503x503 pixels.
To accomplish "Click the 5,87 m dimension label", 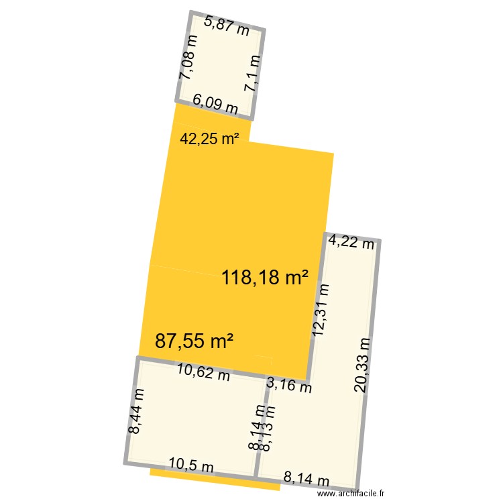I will click(x=227, y=26).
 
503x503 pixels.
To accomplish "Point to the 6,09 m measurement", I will click(x=215, y=105).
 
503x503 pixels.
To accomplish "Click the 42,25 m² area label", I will click(x=210, y=139).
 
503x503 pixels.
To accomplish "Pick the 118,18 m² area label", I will click(x=266, y=278).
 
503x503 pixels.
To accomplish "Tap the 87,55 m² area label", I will click(x=194, y=341).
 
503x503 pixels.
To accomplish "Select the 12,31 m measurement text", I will click(x=321, y=309).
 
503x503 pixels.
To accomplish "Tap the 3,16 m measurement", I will click(x=289, y=384).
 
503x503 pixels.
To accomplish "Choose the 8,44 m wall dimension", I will click(x=135, y=411).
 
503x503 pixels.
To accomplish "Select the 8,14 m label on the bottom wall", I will click(x=306, y=479).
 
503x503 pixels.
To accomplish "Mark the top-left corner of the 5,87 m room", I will click(x=192, y=13).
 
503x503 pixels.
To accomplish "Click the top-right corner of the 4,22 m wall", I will click(x=380, y=240).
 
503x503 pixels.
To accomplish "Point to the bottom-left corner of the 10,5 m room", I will click(x=126, y=462).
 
